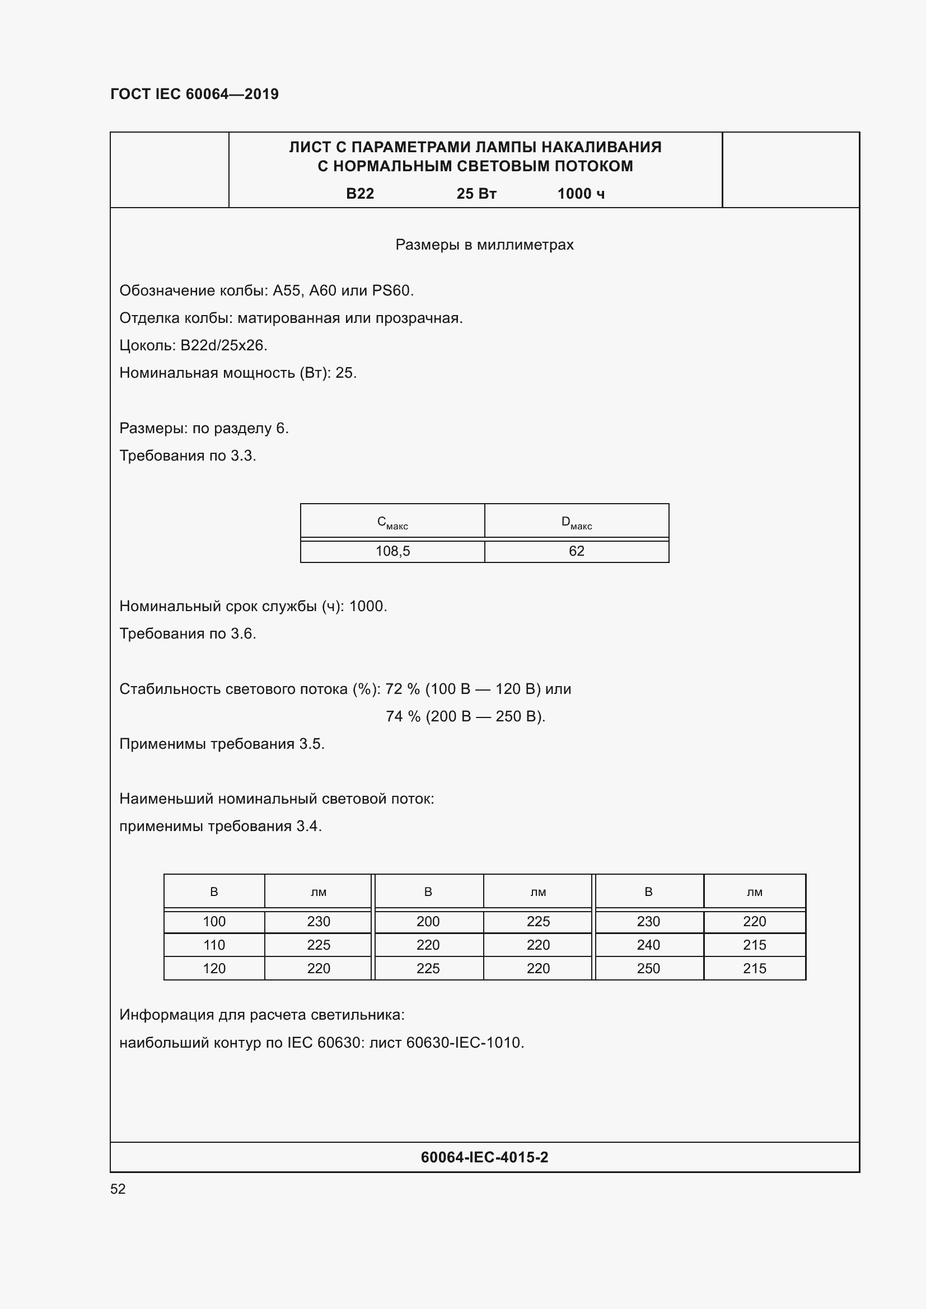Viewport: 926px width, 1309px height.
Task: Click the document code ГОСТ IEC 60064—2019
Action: (x=194, y=94)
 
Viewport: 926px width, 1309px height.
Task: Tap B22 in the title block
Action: (x=360, y=194)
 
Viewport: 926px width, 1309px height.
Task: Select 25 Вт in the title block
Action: (x=476, y=194)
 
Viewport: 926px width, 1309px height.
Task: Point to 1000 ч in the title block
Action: (x=581, y=194)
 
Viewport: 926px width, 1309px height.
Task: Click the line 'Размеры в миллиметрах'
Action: (x=484, y=245)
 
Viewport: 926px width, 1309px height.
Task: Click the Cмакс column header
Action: (x=392, y=522)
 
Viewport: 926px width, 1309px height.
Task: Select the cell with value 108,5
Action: (x=392, y=551)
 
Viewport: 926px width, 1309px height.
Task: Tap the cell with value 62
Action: (x=577, y=551)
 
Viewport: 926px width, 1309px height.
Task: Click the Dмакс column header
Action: (x=577, y=522)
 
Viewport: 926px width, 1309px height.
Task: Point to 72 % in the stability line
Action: (x=402, y=689)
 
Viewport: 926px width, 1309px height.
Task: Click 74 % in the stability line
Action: (x=403, y=717)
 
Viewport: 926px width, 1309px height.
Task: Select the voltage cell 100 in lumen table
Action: (x=214, y=922)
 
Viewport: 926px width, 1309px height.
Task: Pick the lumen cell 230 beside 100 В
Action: (x=318, y=922)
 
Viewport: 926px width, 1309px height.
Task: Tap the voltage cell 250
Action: (x=648, y=969)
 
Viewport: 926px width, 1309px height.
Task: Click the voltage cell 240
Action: (x=648, y=945)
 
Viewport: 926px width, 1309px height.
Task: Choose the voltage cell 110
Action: (x=214, y=945)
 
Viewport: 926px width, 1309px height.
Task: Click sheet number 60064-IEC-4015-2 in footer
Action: (x=484, y=1157)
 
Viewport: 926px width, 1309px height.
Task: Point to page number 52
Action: (x=118, y=1189)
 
